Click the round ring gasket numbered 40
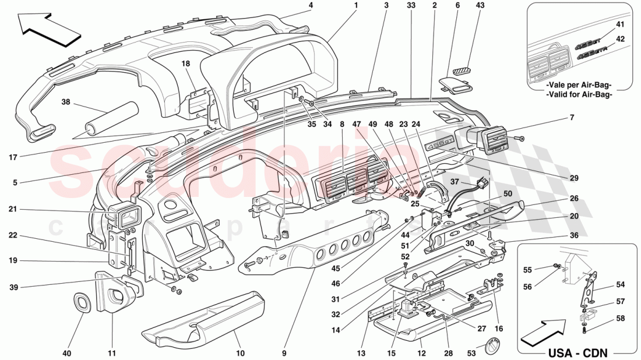(84, 303)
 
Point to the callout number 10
(240, 353)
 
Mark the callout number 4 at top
(311, 5)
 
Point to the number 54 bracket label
(620, 285)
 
